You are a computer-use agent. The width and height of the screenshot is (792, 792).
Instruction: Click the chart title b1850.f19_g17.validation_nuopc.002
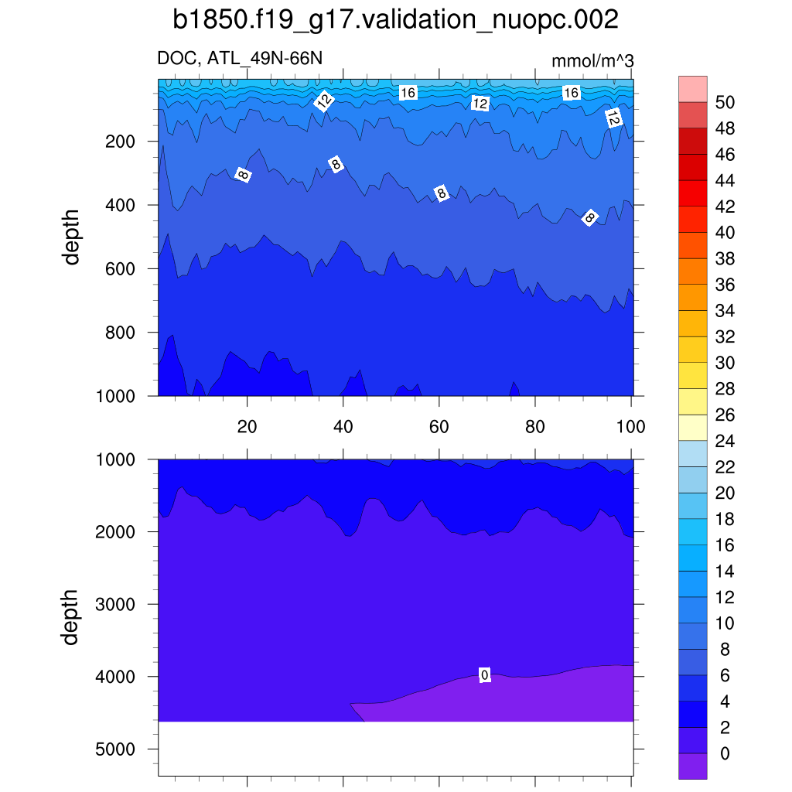[395, 21]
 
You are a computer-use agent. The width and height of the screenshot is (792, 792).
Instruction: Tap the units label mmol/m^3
[592, 61]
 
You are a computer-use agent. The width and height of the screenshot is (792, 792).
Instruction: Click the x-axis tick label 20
[247, 426]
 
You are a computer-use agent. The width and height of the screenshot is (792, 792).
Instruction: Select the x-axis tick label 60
[439, 426]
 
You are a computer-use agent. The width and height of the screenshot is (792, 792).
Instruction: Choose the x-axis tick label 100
[631, 426]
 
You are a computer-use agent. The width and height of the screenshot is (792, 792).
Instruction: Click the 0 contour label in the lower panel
[485, 675]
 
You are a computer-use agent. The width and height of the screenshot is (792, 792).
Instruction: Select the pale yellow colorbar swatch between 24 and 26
[693, 428]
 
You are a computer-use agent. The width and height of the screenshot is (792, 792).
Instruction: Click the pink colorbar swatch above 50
[693, 89]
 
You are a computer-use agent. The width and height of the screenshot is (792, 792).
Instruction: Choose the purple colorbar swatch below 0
[693, 766]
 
